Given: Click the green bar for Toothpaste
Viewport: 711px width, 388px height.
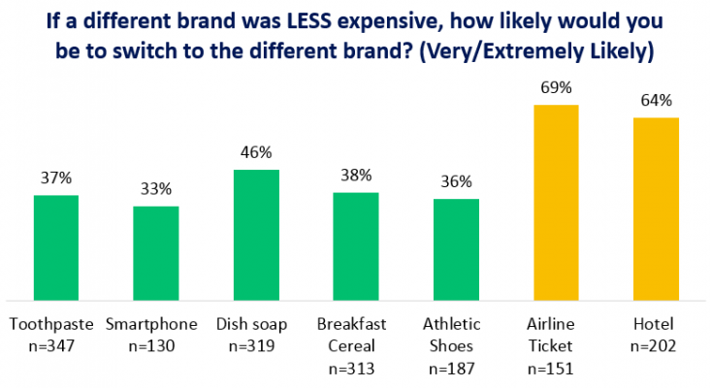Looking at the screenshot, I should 56,247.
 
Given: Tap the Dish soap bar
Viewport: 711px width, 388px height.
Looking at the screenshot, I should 256,235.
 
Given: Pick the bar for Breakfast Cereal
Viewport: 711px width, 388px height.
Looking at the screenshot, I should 356,246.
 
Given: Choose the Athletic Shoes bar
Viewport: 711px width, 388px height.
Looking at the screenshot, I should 456,249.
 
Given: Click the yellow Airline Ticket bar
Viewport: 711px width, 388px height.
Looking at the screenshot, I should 556,203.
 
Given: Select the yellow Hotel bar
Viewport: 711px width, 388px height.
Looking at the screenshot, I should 656,209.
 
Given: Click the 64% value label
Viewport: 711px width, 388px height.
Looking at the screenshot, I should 656,102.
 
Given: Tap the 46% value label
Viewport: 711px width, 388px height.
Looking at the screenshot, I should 256,153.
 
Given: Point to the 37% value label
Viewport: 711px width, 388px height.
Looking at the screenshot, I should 56,178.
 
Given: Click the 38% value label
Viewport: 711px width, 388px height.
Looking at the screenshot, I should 356,176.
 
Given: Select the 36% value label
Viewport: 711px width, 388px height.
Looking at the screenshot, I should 456,181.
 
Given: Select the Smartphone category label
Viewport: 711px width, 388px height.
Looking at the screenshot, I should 155,324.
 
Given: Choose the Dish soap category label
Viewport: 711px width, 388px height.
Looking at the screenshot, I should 256,324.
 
